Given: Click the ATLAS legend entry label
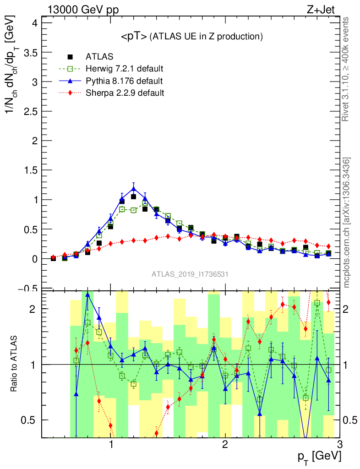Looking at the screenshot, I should (99, 57).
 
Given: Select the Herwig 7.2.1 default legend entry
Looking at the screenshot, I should (124, 69).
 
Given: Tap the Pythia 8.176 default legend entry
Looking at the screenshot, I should (124, 81).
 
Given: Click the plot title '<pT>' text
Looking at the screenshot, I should (134, 36).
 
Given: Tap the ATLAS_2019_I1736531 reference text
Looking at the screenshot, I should (190, 274).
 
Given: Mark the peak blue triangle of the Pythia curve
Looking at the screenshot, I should (133, 188).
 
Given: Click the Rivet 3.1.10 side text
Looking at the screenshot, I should (346, 69).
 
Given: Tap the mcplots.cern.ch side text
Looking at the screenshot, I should (347, 222).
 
